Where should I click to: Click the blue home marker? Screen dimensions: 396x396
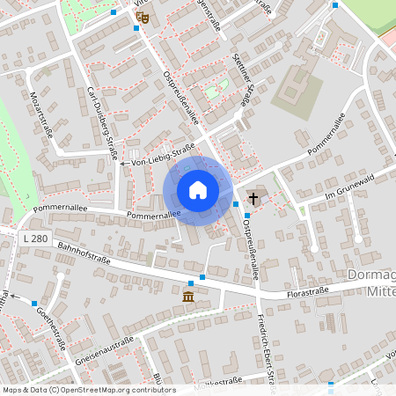(x=198, y=190)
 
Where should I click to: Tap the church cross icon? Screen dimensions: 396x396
(x=254, y=198)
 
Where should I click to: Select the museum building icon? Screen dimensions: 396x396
(x=189, y=297)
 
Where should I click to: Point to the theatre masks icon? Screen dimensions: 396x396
(x=144, y=17)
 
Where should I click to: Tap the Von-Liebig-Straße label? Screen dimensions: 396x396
(x=162, y=156)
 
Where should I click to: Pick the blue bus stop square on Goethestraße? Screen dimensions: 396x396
(x=34, y=304)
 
